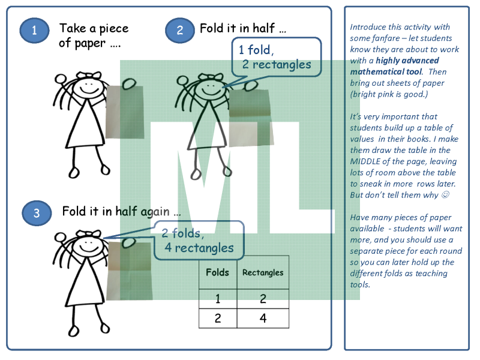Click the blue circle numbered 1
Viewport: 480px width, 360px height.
34,30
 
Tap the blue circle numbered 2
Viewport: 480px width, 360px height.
179,30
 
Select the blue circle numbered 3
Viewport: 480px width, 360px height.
37,213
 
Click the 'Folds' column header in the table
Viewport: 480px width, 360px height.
217,272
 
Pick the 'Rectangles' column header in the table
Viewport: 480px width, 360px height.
263,272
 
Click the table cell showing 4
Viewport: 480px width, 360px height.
263,319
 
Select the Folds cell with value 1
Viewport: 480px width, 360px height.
218,299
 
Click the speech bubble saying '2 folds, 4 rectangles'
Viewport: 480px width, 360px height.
199,241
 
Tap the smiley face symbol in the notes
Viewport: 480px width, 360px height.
445,194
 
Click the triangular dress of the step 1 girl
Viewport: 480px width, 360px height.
86,125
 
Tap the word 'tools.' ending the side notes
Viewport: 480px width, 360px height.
360,284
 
